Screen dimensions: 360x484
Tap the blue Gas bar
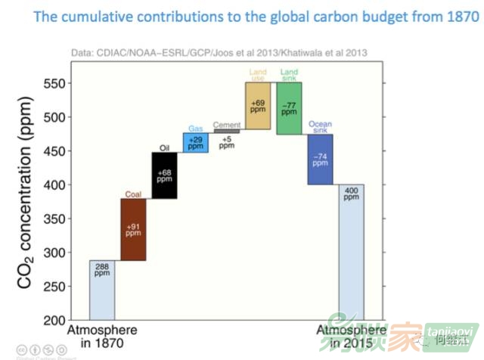[x=195, y=143]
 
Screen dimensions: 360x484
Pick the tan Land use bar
[x=258, y=106]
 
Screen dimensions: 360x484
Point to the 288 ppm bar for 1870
[x=102, y=290]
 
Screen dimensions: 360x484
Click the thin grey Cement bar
[x=227, y=132]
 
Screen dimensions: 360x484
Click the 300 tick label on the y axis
[x=54, y=253]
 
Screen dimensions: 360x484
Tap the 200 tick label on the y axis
[x=54, y=320]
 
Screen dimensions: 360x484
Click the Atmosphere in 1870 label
[x=103, y=336]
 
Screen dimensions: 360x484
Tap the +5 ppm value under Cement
[x=227, y=141]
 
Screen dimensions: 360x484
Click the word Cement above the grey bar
[x=227, y=125]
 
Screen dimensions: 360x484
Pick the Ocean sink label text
[x=320, y=126]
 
